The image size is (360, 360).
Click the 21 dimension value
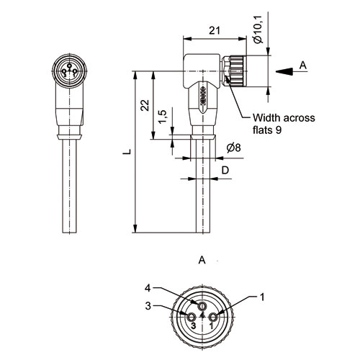tap(214, 31)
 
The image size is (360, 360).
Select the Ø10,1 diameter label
tap(258, 30)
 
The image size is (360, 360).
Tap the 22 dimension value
tap(145, 105)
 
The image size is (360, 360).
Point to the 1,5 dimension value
tap(163, 117)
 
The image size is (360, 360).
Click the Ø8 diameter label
tap(234, 148)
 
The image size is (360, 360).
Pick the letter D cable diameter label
tap(225, 170)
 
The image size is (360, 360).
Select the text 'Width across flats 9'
tap(284, 124)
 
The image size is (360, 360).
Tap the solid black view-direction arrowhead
tap(284, 71)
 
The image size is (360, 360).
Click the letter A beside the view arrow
tap(303, 65)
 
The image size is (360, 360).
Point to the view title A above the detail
tap(202, 260)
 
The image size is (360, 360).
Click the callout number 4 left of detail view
tap(148, 288)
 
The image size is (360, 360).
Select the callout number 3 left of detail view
tap(148, 306)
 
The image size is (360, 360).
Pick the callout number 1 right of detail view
tap(262, 297)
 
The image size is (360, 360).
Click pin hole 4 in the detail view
tap(202, 306)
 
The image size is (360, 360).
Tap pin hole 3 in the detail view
tap(192, 318)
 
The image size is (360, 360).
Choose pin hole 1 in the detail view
tap(213, 318)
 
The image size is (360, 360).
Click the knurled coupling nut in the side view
tap(238, 71)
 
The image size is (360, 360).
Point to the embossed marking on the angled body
tap(203, 96)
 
